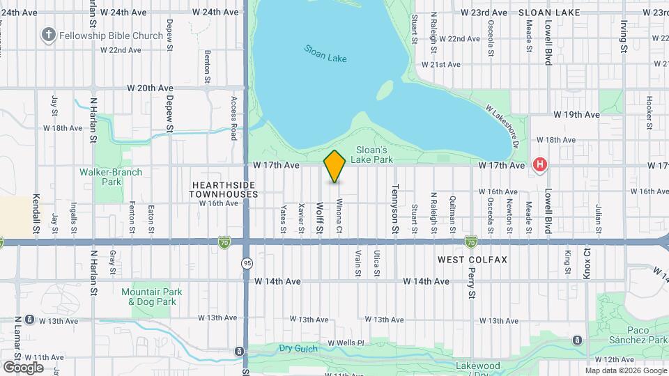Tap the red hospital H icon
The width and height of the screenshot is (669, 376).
point(539,165)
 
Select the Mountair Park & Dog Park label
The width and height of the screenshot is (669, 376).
point(152,297)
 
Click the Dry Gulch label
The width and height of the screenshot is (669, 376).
point(298,348)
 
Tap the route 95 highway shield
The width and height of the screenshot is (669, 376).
point(247,263)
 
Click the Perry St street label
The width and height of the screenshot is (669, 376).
point(472,283)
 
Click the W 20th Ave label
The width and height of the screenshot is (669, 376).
point(150,88)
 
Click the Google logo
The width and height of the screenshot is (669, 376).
point(23,367)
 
